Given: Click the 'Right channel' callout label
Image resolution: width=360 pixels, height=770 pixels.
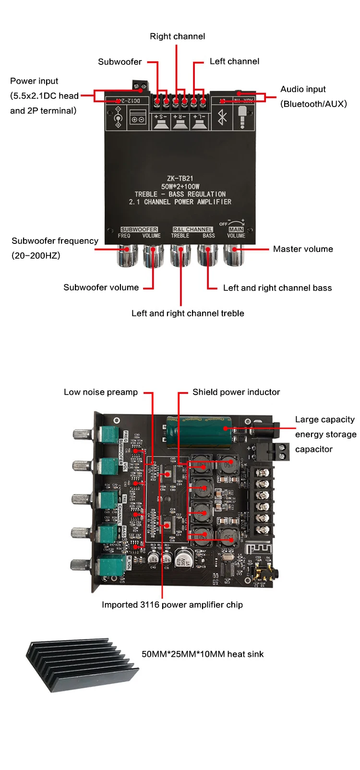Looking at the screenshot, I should (x=177, y=36).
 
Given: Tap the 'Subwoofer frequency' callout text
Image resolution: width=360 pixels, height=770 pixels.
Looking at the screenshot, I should (x=55, y=241).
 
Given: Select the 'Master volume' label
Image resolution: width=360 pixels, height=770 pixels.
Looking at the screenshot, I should (x=303, y=249).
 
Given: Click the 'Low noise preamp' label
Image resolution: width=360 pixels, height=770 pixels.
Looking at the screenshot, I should (x=101, y=392).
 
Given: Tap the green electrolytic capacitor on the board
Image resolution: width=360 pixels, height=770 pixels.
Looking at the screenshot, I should (x=197, y=426).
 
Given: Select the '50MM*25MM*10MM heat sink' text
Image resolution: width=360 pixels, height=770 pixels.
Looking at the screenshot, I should (x=203, y=654).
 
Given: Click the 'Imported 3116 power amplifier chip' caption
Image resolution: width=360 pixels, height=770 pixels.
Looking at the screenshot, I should (x=172, y=605).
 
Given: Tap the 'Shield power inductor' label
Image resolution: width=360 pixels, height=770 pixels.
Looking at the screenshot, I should (x=236, y=392).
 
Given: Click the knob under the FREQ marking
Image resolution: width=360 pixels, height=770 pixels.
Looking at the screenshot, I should (x=125, y=254).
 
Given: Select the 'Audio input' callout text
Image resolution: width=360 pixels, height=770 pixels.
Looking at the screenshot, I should (x=303, y=89).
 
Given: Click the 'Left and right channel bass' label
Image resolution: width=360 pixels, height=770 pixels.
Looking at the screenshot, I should (x=277, y=288).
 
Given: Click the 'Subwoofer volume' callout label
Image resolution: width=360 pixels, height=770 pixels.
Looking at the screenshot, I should (x=101, y=288).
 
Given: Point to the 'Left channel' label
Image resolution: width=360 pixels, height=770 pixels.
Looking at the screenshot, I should (x=234, y=61).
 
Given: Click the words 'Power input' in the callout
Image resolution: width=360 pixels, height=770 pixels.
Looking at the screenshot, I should (x=34, y=81).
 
